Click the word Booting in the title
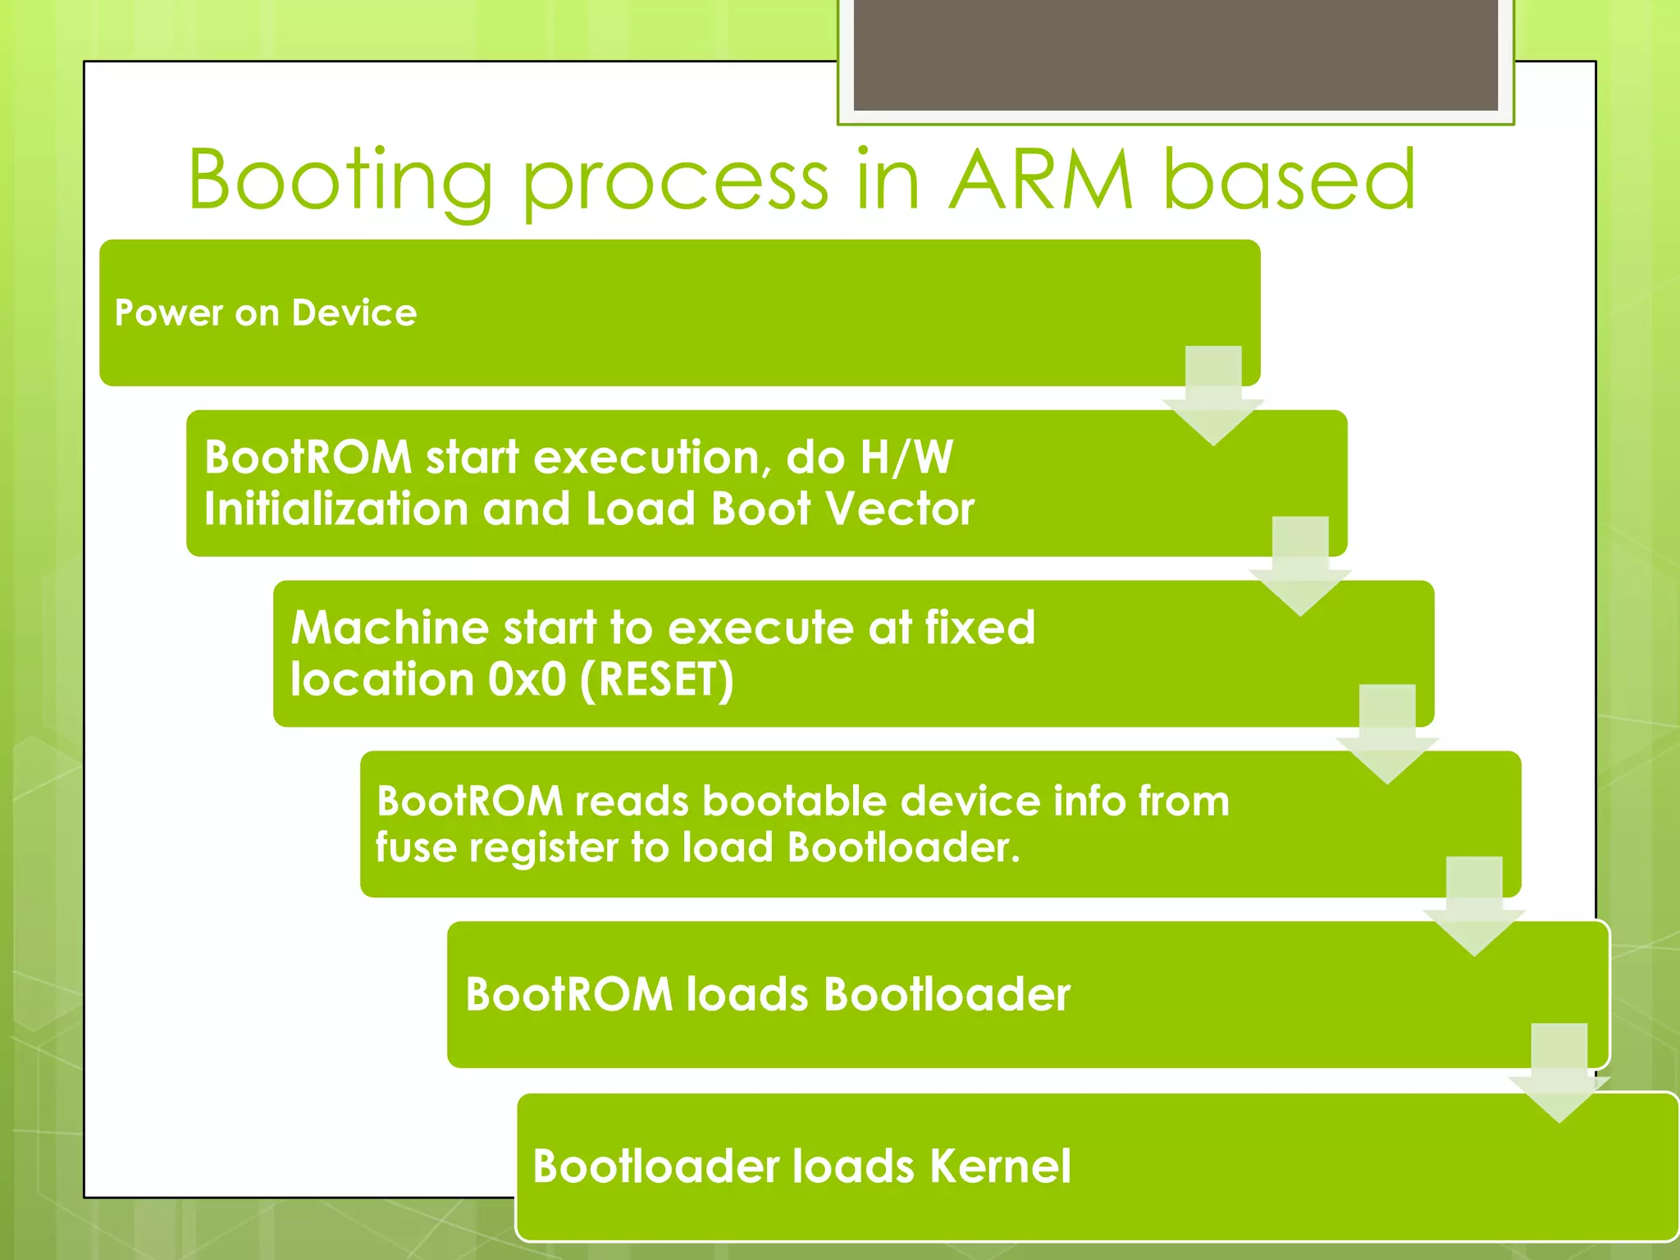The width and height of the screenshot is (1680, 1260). tap(340, 182)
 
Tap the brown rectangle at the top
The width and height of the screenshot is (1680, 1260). tap(1175, 54)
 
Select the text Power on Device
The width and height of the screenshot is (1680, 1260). tap(266, 313)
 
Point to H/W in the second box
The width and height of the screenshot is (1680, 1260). tap(906, 458)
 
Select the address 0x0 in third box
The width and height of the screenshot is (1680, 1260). tap(527, 680)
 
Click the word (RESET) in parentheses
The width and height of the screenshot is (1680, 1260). tap(656, 680)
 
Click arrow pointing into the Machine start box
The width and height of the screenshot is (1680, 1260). tap(1299, 566)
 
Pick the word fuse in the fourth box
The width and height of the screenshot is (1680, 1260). tap(415, 847)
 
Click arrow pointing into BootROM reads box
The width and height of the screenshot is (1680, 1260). tap(1386, 734)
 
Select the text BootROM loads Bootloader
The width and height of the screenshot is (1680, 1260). tap(767, 995)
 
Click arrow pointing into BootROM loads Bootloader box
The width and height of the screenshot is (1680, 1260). tap(1473, 906)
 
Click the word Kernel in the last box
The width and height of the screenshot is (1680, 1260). tap(1000, 1166)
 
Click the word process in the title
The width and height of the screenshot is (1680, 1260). tap(674, 182)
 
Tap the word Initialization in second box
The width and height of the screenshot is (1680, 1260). tap(336, 509)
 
